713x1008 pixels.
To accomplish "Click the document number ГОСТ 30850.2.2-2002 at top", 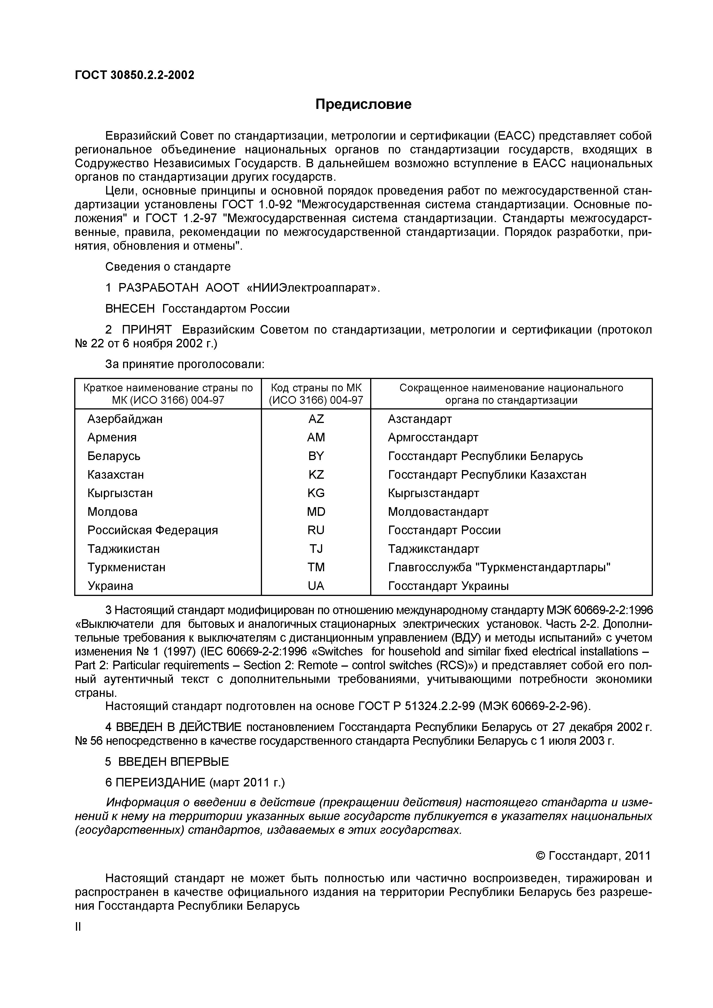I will tap(134, 76).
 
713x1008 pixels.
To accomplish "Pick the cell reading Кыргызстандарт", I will tap(433, 493).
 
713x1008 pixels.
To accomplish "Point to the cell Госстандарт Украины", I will tap(448, 586).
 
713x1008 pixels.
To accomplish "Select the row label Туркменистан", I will tap(127, 567).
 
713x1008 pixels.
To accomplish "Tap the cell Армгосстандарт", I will tap(433, 438).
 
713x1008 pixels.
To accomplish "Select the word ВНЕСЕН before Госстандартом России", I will tap(130, 309).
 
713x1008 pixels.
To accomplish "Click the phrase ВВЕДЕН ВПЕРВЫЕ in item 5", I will tap(173, 761).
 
